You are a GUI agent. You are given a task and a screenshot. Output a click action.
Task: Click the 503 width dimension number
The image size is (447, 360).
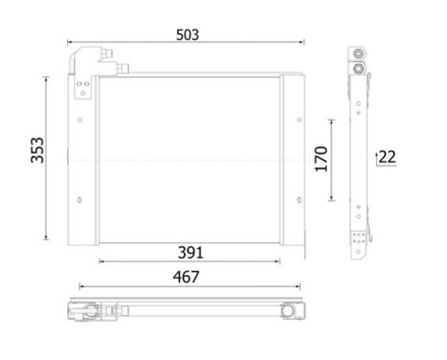[x=188, y=34]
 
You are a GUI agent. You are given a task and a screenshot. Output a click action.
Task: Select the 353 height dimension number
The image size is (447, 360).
[x=37, y=150]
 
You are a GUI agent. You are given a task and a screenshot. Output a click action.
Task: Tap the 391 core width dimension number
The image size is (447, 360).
[x=190, y=253]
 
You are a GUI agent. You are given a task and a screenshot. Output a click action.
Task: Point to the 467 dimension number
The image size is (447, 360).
[x=187, y=277]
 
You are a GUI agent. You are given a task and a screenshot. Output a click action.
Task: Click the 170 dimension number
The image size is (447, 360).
[x=322, y=159]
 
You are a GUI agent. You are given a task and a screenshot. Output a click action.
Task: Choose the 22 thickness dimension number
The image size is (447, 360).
[x=388, y=157]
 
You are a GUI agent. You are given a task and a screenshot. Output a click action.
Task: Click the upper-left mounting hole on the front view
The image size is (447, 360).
[x=79, y=120]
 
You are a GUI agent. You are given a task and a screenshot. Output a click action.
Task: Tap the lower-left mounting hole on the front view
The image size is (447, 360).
[x=79, y=200]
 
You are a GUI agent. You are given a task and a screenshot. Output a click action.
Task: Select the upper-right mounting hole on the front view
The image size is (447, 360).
[x=300, y=120]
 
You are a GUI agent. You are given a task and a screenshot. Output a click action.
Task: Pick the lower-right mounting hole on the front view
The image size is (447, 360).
[x=300, y=200]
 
